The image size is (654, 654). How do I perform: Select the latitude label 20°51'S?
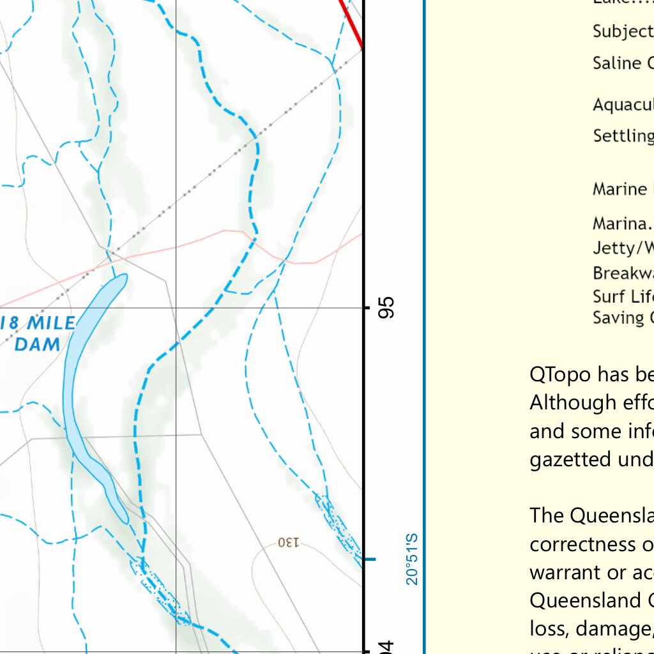pyautogui.click(x=412, y=559)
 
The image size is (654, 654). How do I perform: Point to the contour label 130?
pyautogui.click(x=288, y=543)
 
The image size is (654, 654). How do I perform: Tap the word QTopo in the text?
pyautogui.click(x=559, y=374)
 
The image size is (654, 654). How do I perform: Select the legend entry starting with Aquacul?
pyautogui.click(x=623, y=105)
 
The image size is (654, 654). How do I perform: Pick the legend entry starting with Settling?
pyautogui.click(x=623, y=136)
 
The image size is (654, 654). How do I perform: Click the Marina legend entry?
pyautogui.click(x=623, y=224)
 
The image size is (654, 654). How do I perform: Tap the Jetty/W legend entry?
pyautogui.click(x=623, y=248)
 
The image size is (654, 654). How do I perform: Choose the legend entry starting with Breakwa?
pyautogui.click(x=623, y=273)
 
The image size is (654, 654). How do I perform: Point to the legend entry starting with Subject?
pyautogui.click(x=623, y=31)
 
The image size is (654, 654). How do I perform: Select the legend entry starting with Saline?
pyautogui.click(x=623, y=63)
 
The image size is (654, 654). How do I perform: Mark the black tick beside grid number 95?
pyautogui.click(x=367, y=308)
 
